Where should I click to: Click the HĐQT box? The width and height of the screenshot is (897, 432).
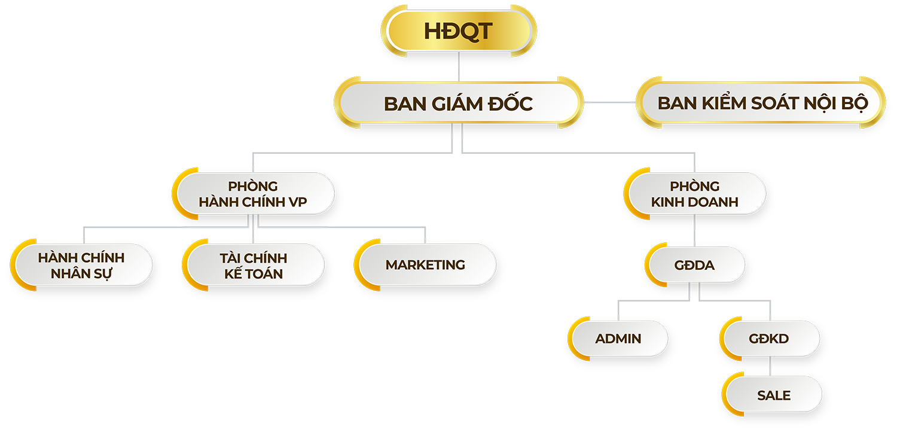pos(459,31)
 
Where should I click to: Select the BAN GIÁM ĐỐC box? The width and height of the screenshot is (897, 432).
pos(458,103)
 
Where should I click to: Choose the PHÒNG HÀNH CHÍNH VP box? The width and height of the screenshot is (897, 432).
pos(253,194)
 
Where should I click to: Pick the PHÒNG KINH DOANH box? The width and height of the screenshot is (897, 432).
pos(695,194)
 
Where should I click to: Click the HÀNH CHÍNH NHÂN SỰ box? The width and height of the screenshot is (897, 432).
pos(81,266)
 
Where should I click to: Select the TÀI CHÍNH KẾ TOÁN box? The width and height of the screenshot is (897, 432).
pos(253,266)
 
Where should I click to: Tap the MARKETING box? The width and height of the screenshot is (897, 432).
pos(425,264)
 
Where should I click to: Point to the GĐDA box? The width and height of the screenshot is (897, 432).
pos(695,265)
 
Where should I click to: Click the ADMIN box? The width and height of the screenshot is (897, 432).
pos(618,339)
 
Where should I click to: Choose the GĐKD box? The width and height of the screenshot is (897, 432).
pos(769,339)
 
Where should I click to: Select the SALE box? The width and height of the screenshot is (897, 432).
pos(774,396)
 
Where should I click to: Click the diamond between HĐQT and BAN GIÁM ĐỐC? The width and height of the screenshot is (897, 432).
pos(459,72)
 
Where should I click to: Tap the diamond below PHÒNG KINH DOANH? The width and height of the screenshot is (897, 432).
pos(694,235)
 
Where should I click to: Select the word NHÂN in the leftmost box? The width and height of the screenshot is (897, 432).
pos(65,273)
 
